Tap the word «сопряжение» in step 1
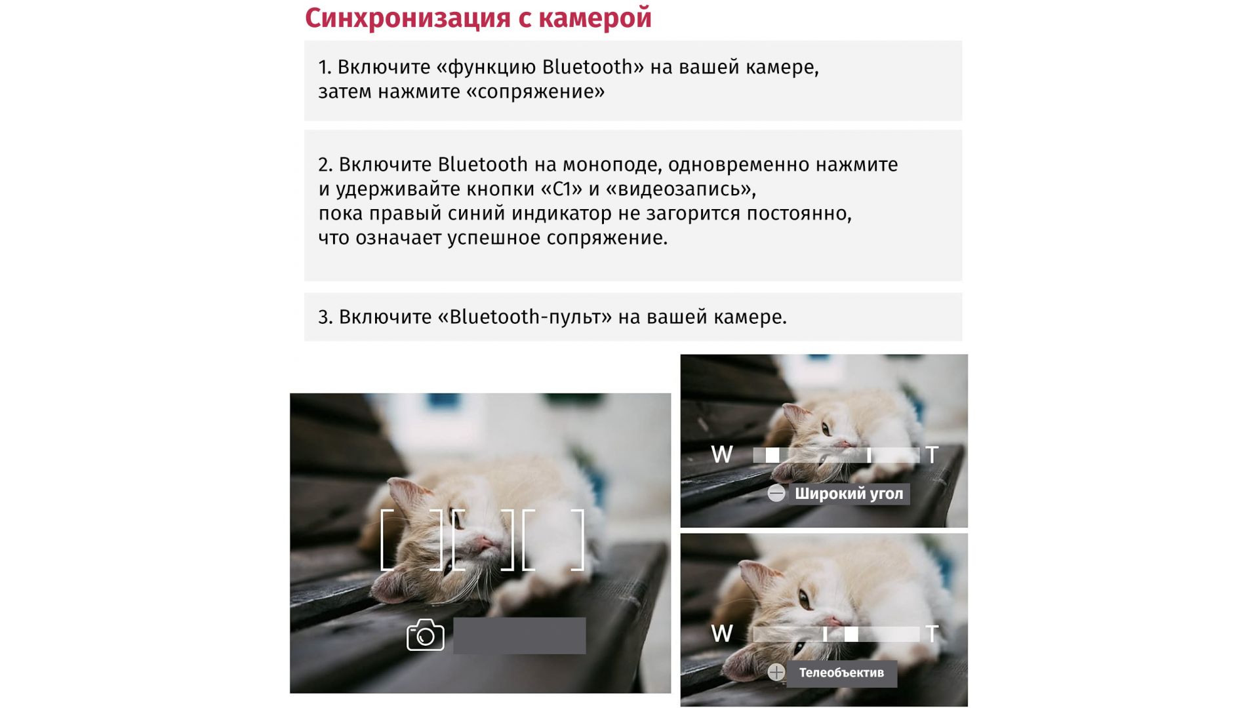click(536, 92)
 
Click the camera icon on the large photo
click(426, 635)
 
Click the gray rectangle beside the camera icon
click(519, 635)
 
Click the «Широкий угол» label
click(849, 494)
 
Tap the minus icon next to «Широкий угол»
click(776, 494)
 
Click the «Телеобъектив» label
click(841, 673)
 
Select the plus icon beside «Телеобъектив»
click(776, 672)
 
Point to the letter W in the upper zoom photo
click(722, 454)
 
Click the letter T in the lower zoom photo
click(932, 633)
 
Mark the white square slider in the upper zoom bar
click(772, 455)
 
